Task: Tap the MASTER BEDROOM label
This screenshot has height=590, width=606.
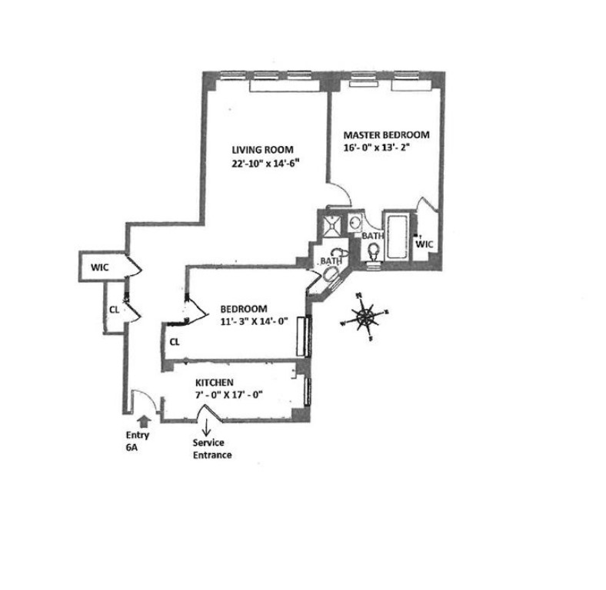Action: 386,134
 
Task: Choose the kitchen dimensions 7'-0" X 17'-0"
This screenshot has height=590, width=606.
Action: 229,396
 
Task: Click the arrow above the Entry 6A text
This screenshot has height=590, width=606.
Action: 143,421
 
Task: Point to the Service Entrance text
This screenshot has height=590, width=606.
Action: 212,449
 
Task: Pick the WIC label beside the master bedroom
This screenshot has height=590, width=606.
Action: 425,244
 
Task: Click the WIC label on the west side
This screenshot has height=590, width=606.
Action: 99,268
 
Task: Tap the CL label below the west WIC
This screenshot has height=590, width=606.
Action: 114,310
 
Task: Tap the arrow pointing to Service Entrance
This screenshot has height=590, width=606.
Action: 207,429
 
